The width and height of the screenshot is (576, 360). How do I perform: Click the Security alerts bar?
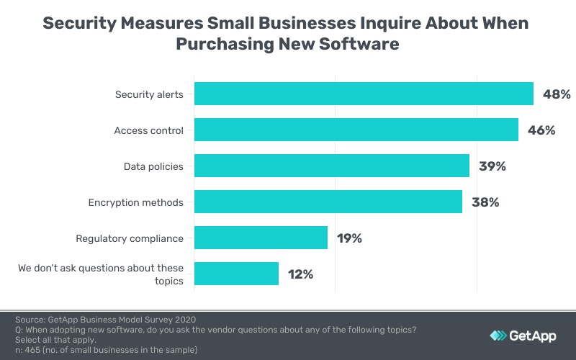tap(364, 94)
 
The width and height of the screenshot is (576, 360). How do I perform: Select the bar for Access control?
tap(356, 130)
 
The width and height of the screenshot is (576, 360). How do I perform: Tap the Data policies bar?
tap(332, 166)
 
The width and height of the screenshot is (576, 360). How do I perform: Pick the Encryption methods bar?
tap(328, 202)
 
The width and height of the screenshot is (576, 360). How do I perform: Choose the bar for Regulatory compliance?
tap(261, 238)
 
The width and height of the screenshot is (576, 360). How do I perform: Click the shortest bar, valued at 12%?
tap(236, 274)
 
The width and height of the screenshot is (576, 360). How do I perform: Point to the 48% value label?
tap(557, 94)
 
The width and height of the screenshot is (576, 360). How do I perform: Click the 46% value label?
tap(541, 130)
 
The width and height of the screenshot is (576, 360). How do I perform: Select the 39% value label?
tap(492, 166)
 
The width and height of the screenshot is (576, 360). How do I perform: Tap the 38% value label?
tap(485, 202)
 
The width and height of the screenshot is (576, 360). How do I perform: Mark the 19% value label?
tap(351, 238)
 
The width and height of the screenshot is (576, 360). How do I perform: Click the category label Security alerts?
tap(149, 94)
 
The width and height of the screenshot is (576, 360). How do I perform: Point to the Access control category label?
tap(148, 130)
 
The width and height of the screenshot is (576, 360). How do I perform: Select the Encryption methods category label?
tap(135, 202)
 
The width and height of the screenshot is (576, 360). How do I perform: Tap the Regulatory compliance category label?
tap(130, 238)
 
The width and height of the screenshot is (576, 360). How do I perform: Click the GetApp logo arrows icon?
tap(498, 336)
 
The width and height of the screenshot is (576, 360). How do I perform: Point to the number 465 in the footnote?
tap(33, 349)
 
